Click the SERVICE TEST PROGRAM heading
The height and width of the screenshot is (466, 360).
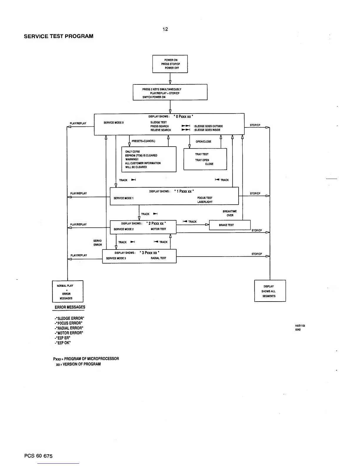point(59,36)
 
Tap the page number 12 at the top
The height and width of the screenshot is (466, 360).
point(165,29)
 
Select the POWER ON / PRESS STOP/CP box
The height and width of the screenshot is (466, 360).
point(170,64)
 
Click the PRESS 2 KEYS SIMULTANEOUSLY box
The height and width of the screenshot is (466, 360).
point(170,92)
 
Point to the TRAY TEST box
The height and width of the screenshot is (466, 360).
point(205,159)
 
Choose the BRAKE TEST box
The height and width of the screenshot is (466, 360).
point(229,225)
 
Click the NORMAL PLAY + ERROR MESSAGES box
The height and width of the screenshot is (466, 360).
point(68,292)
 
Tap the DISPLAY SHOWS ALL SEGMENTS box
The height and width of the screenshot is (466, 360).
point(270,291)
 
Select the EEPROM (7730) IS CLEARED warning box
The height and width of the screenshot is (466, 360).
point(149,159)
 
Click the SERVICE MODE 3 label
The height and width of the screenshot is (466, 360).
point(116,258)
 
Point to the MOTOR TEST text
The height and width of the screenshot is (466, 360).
point(158,229)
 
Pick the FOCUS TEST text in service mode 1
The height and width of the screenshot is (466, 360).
point(205,198)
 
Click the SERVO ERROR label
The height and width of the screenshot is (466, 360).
point(97,243)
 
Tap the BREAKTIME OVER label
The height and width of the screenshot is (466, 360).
point(230,213)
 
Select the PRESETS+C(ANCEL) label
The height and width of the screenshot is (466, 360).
point(143,141)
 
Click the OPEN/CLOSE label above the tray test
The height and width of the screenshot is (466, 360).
point(204,142)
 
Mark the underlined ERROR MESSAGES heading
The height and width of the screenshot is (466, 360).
point(70,307)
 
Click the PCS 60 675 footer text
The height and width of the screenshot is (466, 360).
point(38,456)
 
